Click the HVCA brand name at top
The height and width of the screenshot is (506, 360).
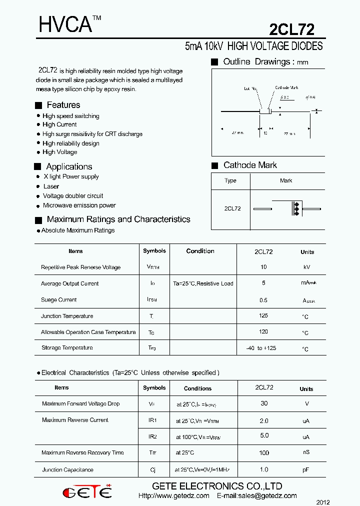pos(65,24)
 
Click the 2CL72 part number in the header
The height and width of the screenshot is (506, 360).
pos(291,29)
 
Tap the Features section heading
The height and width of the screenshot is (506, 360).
pos(63,105)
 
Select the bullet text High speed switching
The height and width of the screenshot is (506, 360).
pos(70,116)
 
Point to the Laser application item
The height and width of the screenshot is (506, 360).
pos(51,186)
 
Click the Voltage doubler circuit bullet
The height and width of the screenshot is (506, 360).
pos(73,196)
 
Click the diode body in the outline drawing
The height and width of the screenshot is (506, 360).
pos(264,111)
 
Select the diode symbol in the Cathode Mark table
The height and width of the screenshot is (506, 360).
pos(295,208)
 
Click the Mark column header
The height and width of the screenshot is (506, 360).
pos(286,180)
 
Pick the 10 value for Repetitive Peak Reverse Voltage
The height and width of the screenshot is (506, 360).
pos(263,267)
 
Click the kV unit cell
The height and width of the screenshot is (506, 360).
pos(306,267)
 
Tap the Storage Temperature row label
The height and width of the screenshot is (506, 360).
pos(67,347)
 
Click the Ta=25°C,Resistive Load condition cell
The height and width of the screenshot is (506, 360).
pos(203,283)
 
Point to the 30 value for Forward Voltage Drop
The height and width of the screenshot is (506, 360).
pos(264,403)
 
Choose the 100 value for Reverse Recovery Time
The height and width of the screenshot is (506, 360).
pos(264,453)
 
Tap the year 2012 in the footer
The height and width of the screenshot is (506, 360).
pos(323,502)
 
